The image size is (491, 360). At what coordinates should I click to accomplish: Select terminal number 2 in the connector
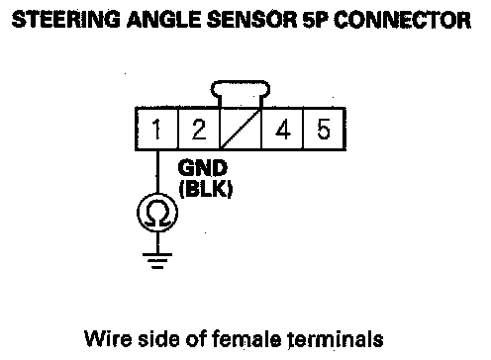point(199,129)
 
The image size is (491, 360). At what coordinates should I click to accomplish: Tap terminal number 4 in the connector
point(282,129)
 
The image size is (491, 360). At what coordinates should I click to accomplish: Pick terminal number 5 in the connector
point(324,129)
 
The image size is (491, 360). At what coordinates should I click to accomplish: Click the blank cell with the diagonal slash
point(241,129)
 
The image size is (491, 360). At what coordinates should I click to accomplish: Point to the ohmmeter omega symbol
point(157,213)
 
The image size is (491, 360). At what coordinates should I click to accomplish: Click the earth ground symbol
point(157,261)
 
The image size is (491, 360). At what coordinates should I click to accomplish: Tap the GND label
point(203,168)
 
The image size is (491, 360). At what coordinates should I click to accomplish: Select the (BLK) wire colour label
point(206,189)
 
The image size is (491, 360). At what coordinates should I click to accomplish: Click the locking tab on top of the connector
point(241,88)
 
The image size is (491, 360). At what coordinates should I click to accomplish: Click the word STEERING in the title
point(66,20)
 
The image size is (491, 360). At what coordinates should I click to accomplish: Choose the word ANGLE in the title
point(163,20)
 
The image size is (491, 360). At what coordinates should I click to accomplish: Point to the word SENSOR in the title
point(251,20)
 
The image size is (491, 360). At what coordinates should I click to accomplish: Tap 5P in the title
point(316,20)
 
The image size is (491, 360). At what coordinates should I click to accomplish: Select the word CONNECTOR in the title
point(403,20)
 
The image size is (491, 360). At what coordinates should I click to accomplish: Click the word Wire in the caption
point(108,338)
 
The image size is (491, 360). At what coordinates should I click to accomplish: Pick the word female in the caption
point(245,338)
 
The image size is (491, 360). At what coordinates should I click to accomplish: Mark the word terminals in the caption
point(336,338)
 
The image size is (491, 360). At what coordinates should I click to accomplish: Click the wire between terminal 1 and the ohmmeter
point(157,172)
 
